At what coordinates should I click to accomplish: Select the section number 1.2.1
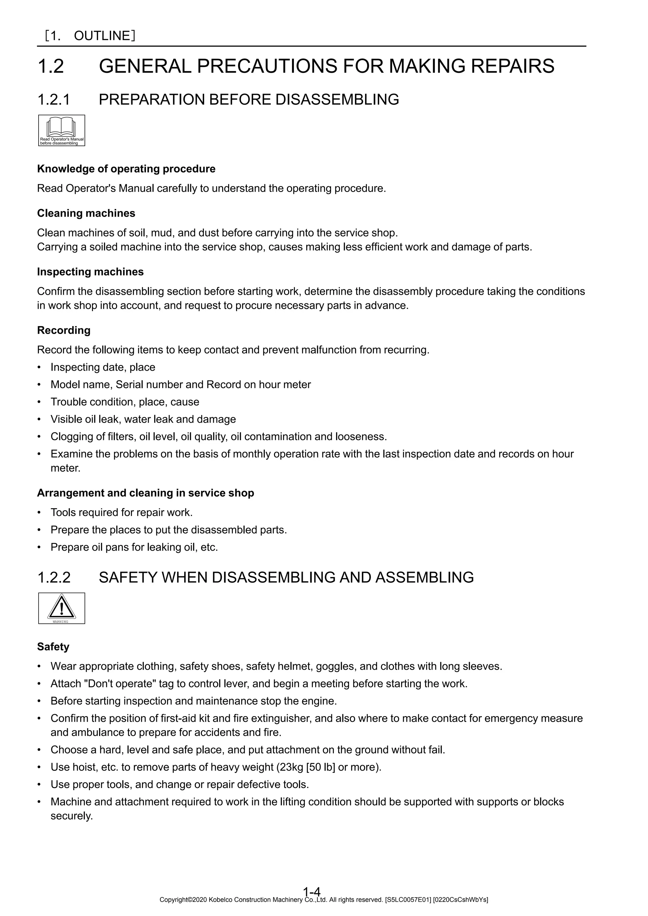click(x=53, y=99)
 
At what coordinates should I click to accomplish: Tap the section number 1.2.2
click(x=54, y=577)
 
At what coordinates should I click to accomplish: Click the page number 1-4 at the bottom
click(x=312, y=902)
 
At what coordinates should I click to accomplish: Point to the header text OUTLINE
click(x=102, y=36)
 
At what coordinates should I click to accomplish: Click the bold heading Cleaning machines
click(x=86, y=214)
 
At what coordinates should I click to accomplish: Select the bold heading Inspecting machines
click(x=90, y=272)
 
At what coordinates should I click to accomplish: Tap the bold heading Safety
click(x=53, y=647)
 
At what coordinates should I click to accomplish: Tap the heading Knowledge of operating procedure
click(x=126, y=169)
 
